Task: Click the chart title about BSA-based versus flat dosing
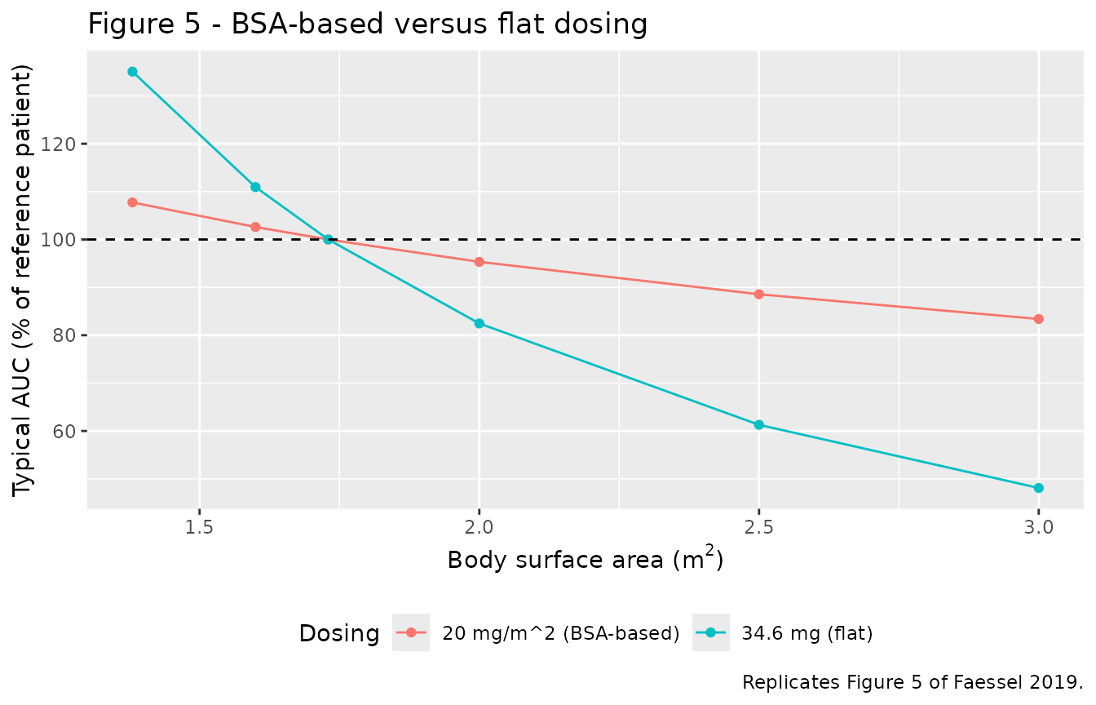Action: pos(368,24)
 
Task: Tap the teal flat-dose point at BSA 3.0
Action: pos(1038,488)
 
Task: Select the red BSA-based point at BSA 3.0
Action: pos(1038,319)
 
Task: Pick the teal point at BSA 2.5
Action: pos(759,425)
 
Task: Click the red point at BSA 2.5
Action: pos(759,295)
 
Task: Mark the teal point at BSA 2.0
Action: pos(479,324)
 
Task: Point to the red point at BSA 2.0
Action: pos(479,262)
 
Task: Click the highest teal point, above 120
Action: pos(132,72)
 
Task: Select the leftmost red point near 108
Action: pos(132,202)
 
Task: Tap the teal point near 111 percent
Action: pos(255,187)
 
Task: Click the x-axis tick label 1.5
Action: pos(200,528)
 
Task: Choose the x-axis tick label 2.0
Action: pos(479,528)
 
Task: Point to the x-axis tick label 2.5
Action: pos(759,528)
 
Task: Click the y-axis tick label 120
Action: pos(57,144)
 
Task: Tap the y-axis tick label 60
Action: pos(63,432)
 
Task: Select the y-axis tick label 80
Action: pos(63,336)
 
